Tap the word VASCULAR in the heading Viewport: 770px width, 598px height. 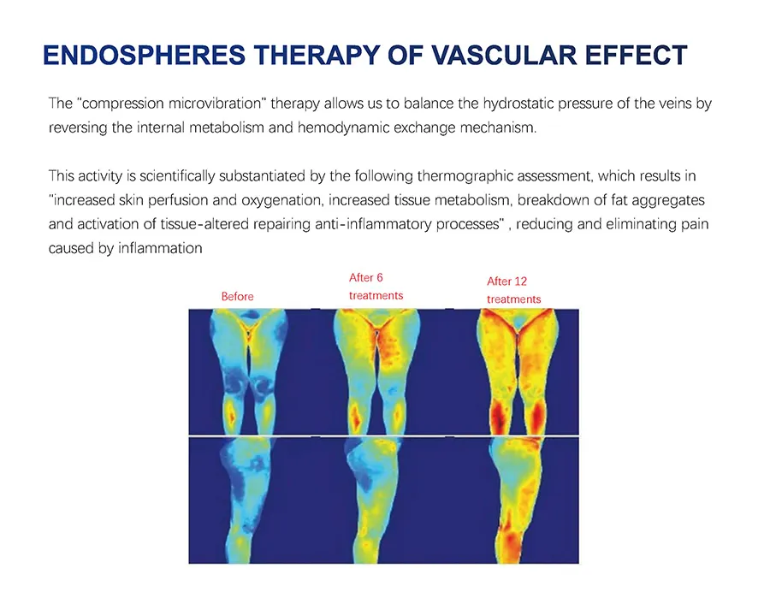pos(495,56)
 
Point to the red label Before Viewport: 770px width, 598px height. pos(237,296)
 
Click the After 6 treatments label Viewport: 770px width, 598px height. pos(376,287)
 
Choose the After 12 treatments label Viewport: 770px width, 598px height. pos(514,290)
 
